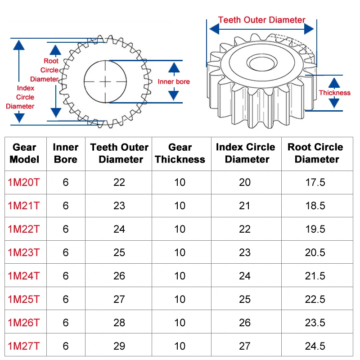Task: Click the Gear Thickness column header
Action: pyautogui.click(x=180, y=153)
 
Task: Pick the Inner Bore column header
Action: pyautogui.click(x=66, y=153)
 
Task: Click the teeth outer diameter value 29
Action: pyautogui.click(x=119, y=346)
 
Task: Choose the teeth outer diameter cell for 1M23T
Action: pyautogui.click(x=119, y=252)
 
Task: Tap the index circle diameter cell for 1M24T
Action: pyautogui.click(x=245, y=276)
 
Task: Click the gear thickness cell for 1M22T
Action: pyautogui.click(x=180, y=229)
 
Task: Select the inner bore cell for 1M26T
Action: pyautogui.click(x=66, y=323)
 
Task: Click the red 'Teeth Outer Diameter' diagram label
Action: pyautogui.click(x=261, y=20)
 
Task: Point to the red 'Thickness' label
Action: pyautogui.click(x=334, y=93)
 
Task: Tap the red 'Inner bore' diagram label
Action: pyautogui.click(x=174, y=81)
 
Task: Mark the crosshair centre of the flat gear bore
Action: pyautogui.click(x=105, y=81)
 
